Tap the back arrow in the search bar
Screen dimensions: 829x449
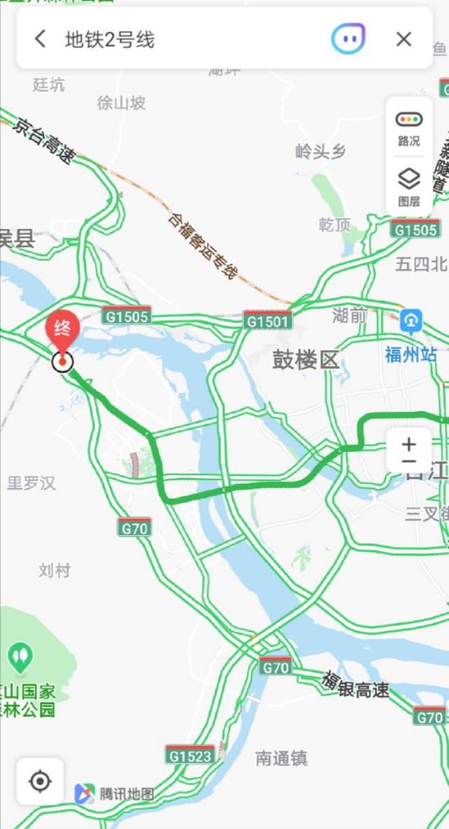tap(41, 39)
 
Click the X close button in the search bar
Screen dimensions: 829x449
tap(403, 39)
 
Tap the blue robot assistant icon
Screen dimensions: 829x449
tap(348, 39)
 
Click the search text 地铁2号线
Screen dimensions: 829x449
tap(109, 39)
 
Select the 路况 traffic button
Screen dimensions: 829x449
tap(409, 128)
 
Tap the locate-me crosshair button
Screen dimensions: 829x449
tap(40, 781)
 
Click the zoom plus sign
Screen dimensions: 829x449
tap(409, 444)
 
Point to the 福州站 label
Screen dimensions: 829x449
tap(410, 354)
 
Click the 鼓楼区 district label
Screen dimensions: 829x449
tap(306, 360)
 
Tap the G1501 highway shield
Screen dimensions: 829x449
tap(267, 321)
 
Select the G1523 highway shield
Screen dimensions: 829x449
tap(190, 755)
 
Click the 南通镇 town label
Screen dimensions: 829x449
tap(281, 758)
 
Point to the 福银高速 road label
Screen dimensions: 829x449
tap(356, 684)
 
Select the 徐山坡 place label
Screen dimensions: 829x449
tap(121, 103)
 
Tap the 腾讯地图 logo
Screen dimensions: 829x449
tap(114, 794)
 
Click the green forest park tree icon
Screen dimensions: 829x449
tap(20, 658)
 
